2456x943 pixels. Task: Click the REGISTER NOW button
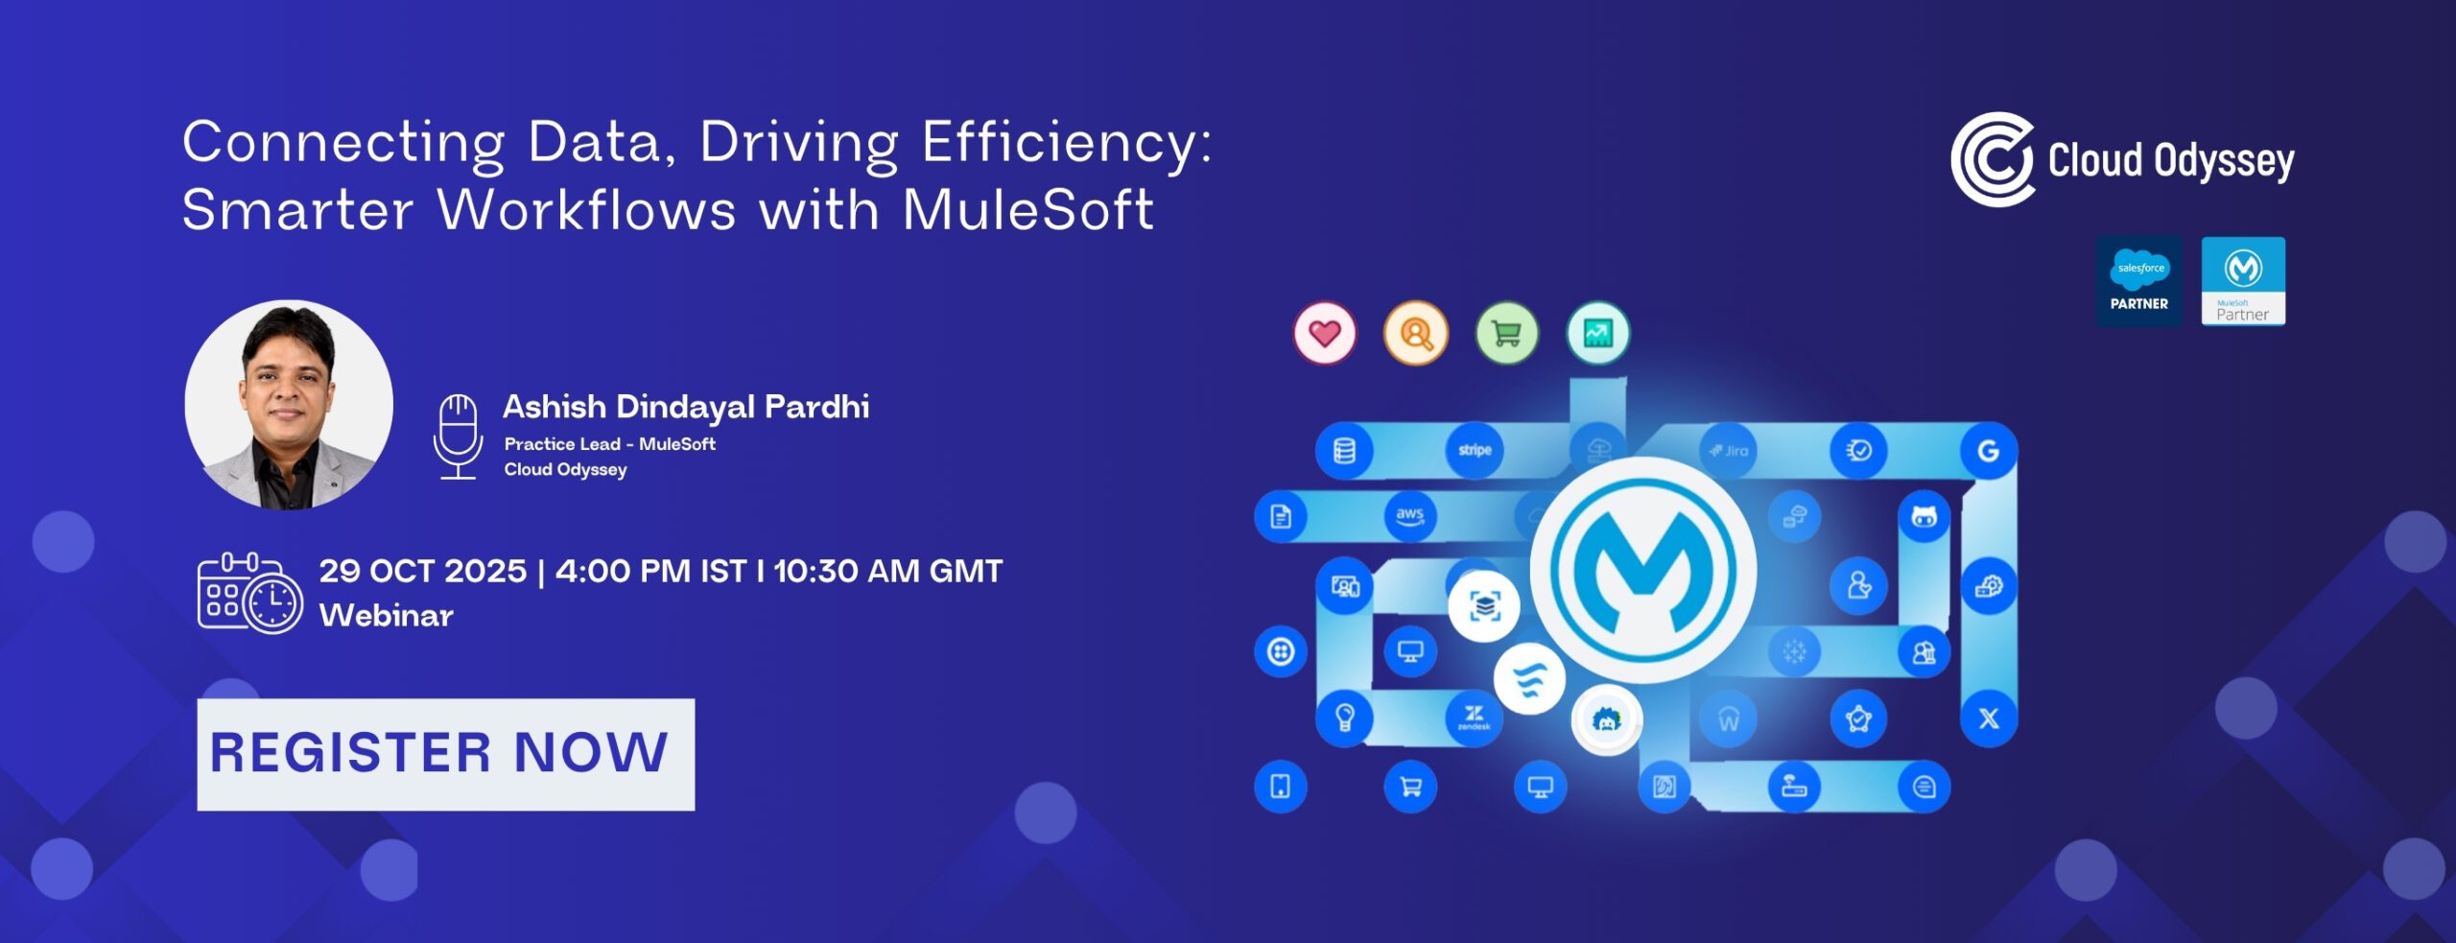click(446, 754)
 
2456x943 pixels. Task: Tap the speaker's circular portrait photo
click(289, 405)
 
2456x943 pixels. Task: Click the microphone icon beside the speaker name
click(459, 436)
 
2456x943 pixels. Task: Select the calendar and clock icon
click(250, 593)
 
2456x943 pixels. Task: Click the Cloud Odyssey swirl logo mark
click(1993, 159)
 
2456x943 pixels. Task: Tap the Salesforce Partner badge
click(2139, 282)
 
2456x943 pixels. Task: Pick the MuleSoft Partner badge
click(2243, 282)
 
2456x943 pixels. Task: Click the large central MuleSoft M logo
click(1643, 570)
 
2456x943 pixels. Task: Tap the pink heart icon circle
click(1325, 334)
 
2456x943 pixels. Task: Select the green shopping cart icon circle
click(1506, 334)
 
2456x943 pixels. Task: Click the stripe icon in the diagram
click(1475, 450)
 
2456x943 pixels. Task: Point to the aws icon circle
click(1409, 516)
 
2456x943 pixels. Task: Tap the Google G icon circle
click(1989, 450)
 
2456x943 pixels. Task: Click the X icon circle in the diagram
click(1989, 719)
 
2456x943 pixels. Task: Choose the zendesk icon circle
click(1475, 719)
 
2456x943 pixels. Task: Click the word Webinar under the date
click(387, 616)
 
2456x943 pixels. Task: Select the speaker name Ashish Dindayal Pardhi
click(686, 407)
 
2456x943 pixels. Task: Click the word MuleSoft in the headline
click(1028, 210)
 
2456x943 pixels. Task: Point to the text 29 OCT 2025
click(423, 572)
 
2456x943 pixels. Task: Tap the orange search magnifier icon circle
click(1416, 334)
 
